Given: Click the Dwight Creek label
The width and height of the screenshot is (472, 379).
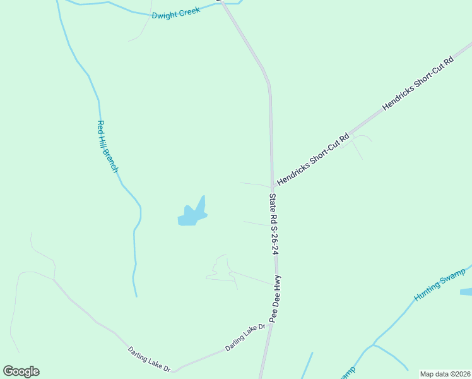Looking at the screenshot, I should click(x=176, y=12).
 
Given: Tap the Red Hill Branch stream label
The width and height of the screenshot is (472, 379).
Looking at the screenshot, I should click(x=107, y=147).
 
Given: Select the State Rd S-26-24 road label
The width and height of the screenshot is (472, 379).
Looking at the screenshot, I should click(x=273, y=224).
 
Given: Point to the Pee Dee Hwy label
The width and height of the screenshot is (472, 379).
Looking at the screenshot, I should click(x=276, y=299).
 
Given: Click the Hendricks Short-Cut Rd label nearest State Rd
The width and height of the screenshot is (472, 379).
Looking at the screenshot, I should click(x=313, y=159).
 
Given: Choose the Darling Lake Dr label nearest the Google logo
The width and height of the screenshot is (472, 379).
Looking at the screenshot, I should click(x=149, y=359).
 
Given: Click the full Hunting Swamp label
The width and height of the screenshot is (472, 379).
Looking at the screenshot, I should click(x=440, y=284).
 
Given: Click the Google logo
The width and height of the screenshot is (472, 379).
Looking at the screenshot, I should click(x=21, y=371).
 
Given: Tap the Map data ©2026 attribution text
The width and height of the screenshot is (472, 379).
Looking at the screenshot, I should click(x=445, y=374).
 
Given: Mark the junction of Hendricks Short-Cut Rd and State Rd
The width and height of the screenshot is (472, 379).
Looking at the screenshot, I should click(x=273, y=188).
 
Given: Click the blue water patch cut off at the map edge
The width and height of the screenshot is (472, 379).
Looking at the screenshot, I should click(x=466, y=292).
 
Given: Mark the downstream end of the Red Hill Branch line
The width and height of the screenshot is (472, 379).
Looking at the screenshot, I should click(x=136, y=296).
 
